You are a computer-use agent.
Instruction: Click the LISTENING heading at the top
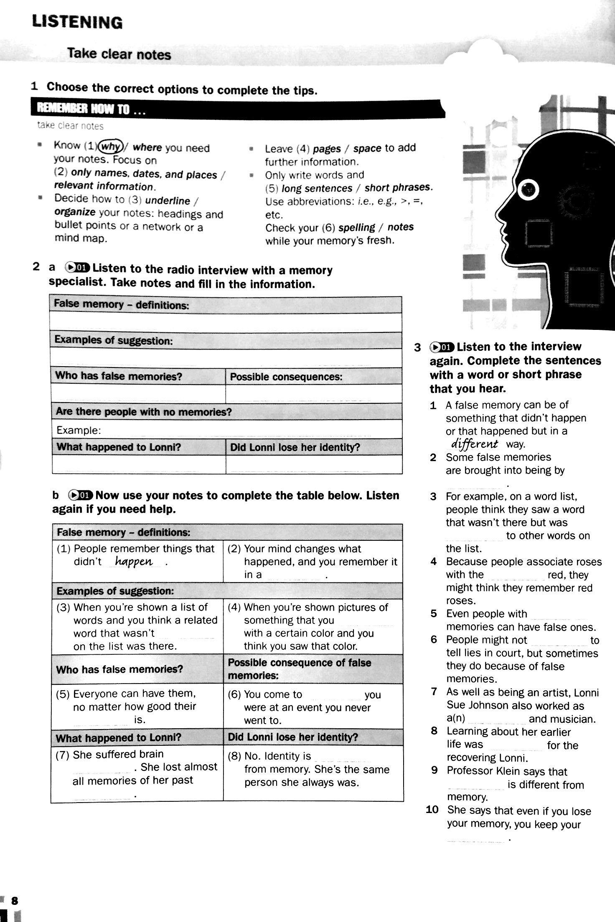tap(77, 22)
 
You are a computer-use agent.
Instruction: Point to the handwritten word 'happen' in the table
tap(134, 562)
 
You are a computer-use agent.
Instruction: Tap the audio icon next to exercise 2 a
tap(77, 267)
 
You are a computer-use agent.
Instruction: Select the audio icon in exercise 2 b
tap(80, 495)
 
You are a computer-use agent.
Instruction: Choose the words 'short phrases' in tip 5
tap(397, 187)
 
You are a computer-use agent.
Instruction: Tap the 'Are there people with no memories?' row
tap(144, 412)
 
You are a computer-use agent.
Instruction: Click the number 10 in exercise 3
tap(432, 810)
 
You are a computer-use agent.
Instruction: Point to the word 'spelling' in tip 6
tap(357, 228)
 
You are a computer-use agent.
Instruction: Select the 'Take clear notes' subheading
tap(119, 54)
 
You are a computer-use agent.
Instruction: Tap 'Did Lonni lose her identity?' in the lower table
tap(293, 737)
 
